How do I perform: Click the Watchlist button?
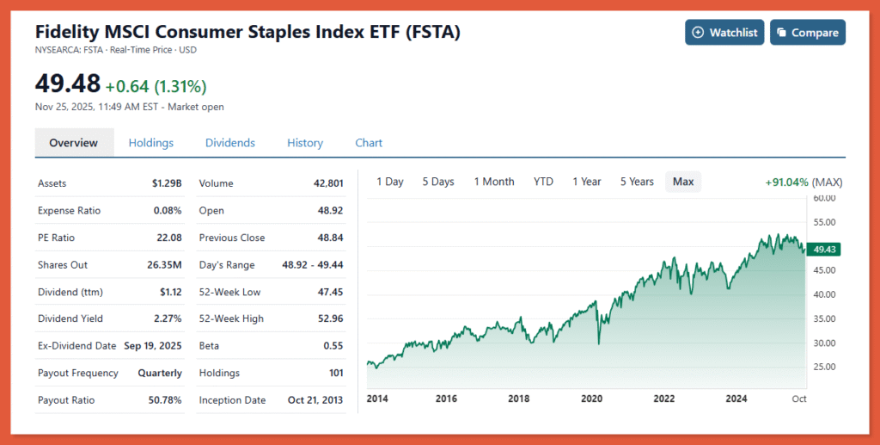[x=724, y=33]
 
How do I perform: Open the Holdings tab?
[x=151, y=143]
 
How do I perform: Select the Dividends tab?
[x=229, y=143]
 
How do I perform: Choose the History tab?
[x=305, y=143]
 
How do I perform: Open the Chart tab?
[x=369, y=143]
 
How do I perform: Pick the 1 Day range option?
[x=390, y=182]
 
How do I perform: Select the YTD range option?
[x=543, y=182]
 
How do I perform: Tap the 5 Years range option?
[x=637, y=182]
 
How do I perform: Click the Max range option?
[x=683, y=182]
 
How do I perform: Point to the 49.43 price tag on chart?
[x=825, y=250]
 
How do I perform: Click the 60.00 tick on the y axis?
[x=824, y=198]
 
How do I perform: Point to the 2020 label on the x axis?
[x=593, y=399]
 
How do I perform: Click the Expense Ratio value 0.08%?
[x=168, y=210]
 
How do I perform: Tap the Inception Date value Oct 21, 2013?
[x=315, y=400]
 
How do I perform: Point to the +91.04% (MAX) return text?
[x=804, y=182]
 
